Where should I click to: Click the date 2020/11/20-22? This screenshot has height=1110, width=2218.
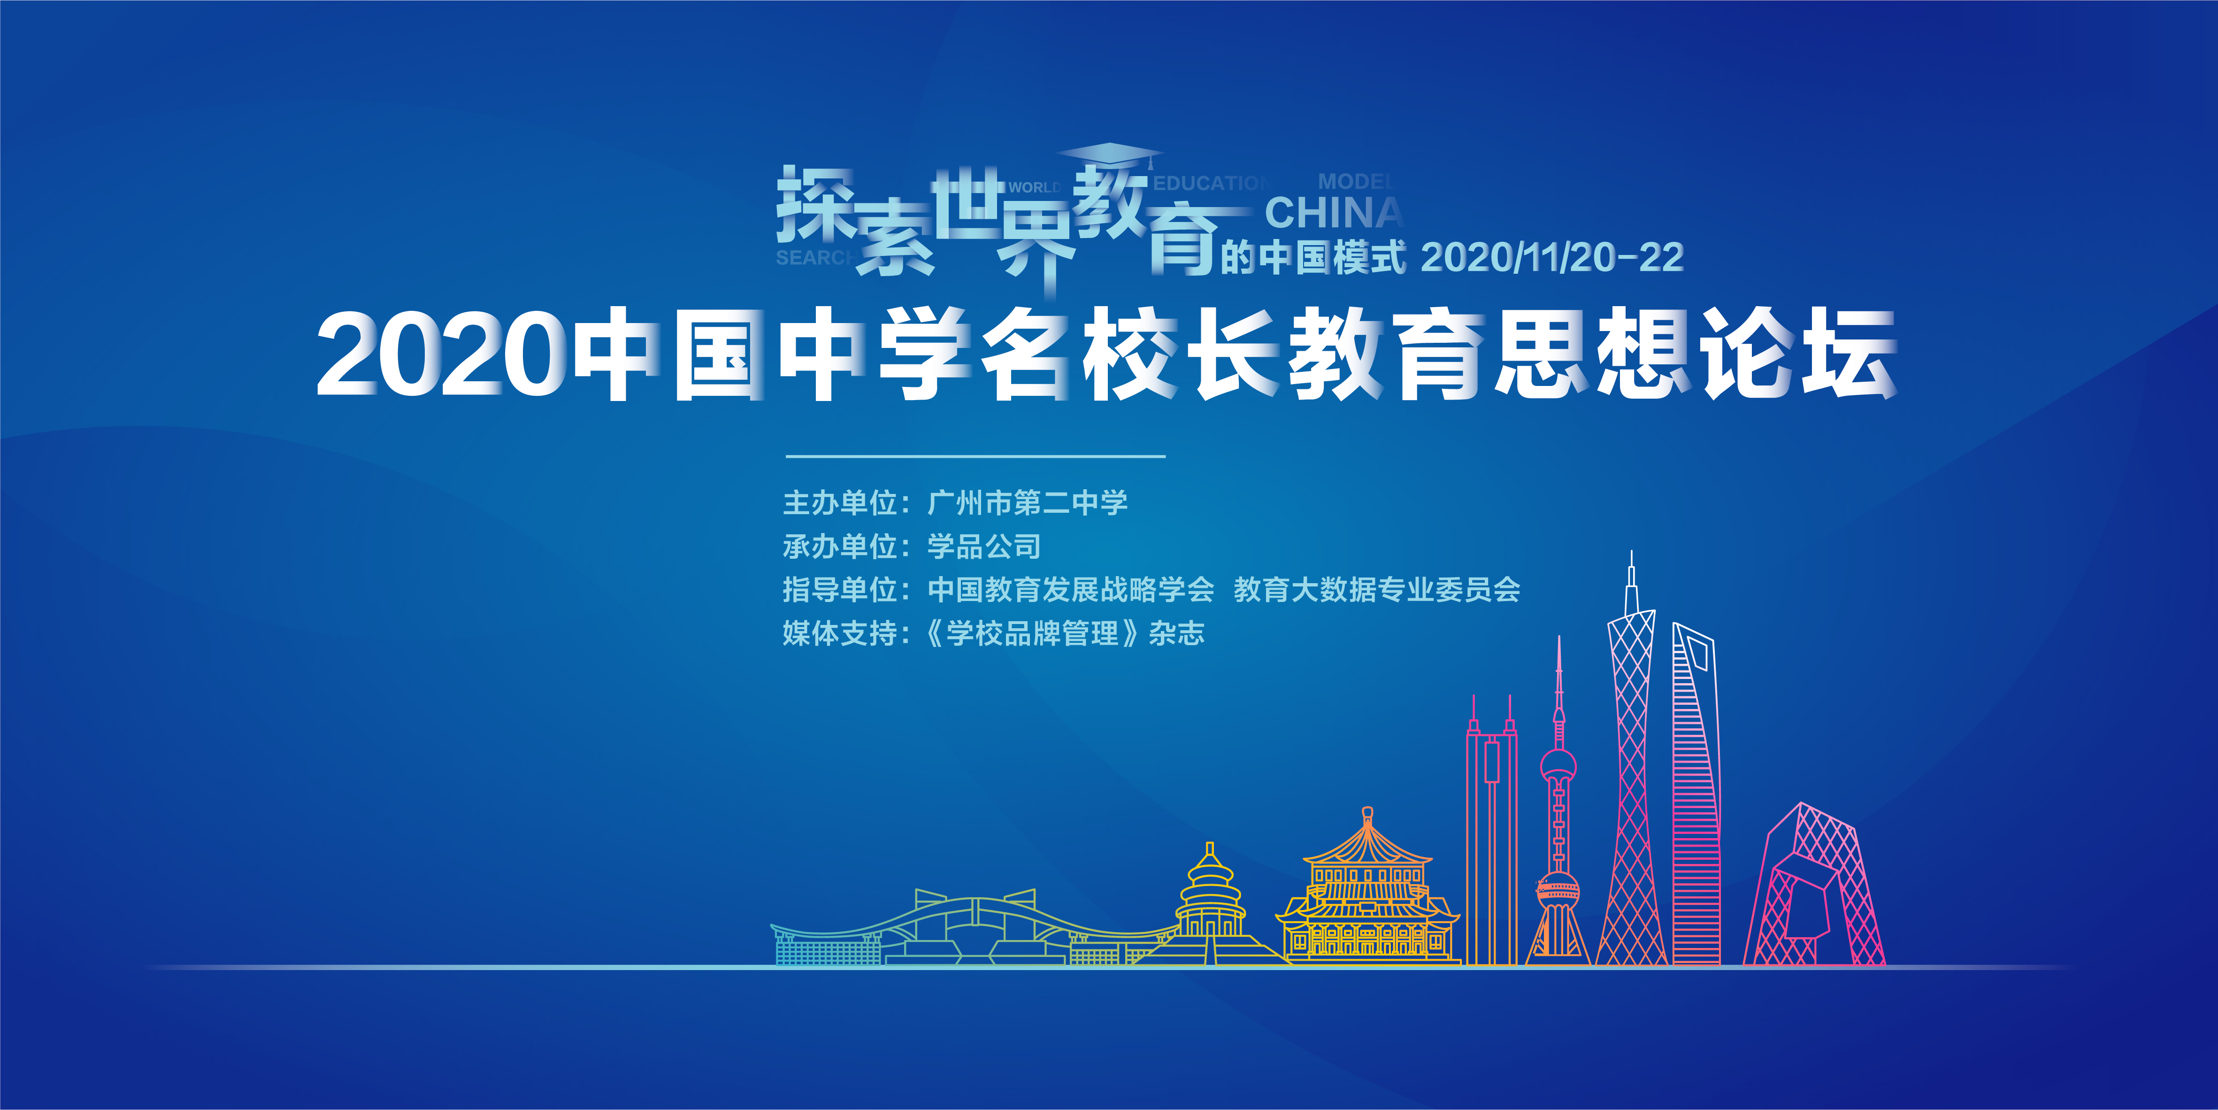pyautogui.click(x=1551, y=257)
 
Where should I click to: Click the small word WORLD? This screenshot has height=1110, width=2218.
pyautogui.click(x=1034, y=187)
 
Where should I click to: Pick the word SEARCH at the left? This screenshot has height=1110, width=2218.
pyautogui.click(x=814, y=257)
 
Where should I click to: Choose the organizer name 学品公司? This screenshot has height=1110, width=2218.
pyautogui.click(x=984, y=546)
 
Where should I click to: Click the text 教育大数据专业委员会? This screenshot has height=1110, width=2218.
pyautogui.click(x=1377, y=590)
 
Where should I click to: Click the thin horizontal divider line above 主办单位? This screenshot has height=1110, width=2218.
pyautogui.click(x=975, y=455)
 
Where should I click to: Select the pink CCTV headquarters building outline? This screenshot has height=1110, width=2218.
pyautogui.click(x=1814, y=884)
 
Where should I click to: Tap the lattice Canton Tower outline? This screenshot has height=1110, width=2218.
pyautogui.click(x=1632, y=758)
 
